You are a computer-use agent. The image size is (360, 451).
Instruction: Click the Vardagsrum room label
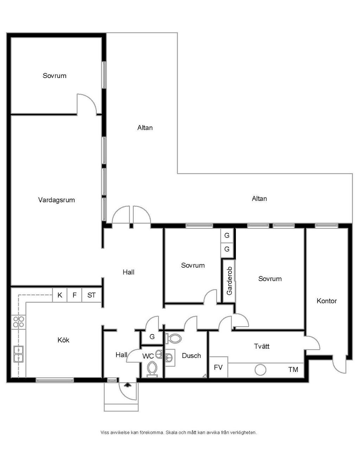coord(57,200)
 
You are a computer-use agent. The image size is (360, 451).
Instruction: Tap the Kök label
coord(63,340)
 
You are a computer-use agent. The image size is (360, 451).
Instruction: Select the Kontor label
coord(327,301)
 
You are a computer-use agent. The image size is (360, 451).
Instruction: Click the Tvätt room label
coord(262,346)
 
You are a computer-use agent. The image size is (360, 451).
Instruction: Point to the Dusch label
coord(191,356)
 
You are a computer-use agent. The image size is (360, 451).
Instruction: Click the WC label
coord(148,356)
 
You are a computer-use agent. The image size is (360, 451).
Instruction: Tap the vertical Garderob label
coord(229,281)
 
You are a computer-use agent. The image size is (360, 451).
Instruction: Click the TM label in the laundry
coord(293,370)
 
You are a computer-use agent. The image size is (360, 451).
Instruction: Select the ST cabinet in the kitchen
coord(92,295)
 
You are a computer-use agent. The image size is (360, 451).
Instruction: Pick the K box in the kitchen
coord(60,295)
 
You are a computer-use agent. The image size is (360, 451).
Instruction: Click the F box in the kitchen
coord(75,295)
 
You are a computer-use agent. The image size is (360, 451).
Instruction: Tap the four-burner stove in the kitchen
coord(19,322)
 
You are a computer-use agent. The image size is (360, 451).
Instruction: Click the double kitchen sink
coord(19,354)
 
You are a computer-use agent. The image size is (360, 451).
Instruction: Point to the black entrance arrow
coord(128,385)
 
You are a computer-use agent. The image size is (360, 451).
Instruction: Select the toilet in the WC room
coord(152,370)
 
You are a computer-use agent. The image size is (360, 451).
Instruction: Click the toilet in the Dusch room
coord(174,339)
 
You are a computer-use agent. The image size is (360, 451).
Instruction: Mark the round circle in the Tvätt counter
coord(261,370)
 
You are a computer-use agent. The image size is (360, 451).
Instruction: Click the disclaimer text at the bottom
coord(179,432)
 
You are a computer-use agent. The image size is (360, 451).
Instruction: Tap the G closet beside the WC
coord(152,336)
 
